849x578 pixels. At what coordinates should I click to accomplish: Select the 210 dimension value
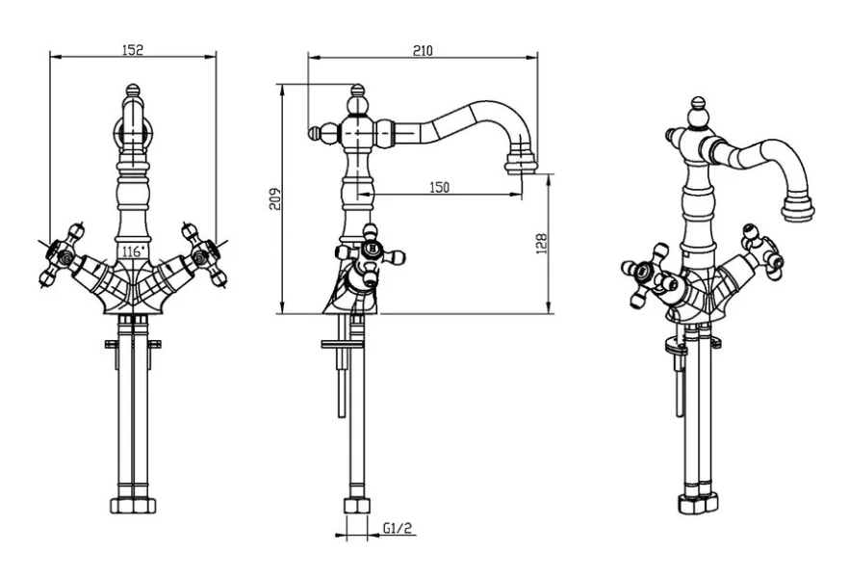pyautogui.click(x=422, y=50)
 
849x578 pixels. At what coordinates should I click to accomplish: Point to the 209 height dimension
pyautogui.click(x=274, y=198)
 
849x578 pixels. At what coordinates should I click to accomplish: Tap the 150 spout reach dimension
pyautogui.click(x=439, y=187)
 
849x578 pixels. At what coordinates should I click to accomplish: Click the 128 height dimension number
pyautogui.click(x=541, y=243)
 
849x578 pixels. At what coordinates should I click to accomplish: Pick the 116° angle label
pyautogui.click(x=132, y=251)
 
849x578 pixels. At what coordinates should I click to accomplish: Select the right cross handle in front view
pyautogui.click(x=205, y=254)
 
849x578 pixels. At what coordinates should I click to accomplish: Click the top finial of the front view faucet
pyautogui.click(x=133, y=93)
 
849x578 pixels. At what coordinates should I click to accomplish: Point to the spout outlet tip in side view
pyautogui.click(x=519, y=165)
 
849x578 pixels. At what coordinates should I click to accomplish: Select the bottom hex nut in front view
pyautogui.click(x=133, y=506)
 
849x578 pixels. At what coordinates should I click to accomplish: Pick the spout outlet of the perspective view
pyautogui.click(x=798, y=209)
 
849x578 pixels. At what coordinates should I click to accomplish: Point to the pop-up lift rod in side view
pyautogui.click(x=341, y=381)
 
